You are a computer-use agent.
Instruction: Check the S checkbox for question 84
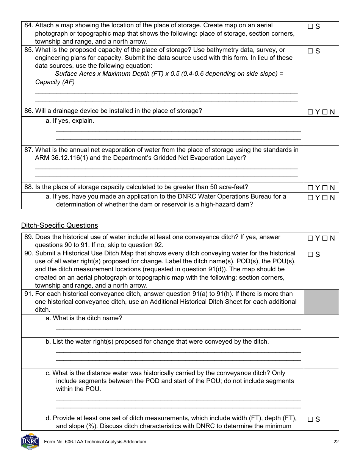[x=310, y=27]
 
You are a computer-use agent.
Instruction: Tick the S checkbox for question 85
[x=310, y=51]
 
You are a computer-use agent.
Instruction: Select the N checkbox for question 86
[x=325, y=112]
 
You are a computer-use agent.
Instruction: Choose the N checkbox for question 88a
[x=325, y=198]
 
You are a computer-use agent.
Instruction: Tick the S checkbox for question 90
[x=310, y=255]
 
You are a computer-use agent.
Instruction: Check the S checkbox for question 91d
[x=310, y=419]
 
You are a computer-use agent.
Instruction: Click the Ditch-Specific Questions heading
[x=59, y=226]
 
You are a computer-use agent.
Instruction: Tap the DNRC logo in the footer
[x=30, y=441]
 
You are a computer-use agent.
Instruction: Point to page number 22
[x=336, y=442]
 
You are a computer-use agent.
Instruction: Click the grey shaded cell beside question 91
[x=321, y=302]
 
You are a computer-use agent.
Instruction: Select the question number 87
[x=28, y=150]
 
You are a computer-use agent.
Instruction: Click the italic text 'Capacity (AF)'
[x=55, y=82]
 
